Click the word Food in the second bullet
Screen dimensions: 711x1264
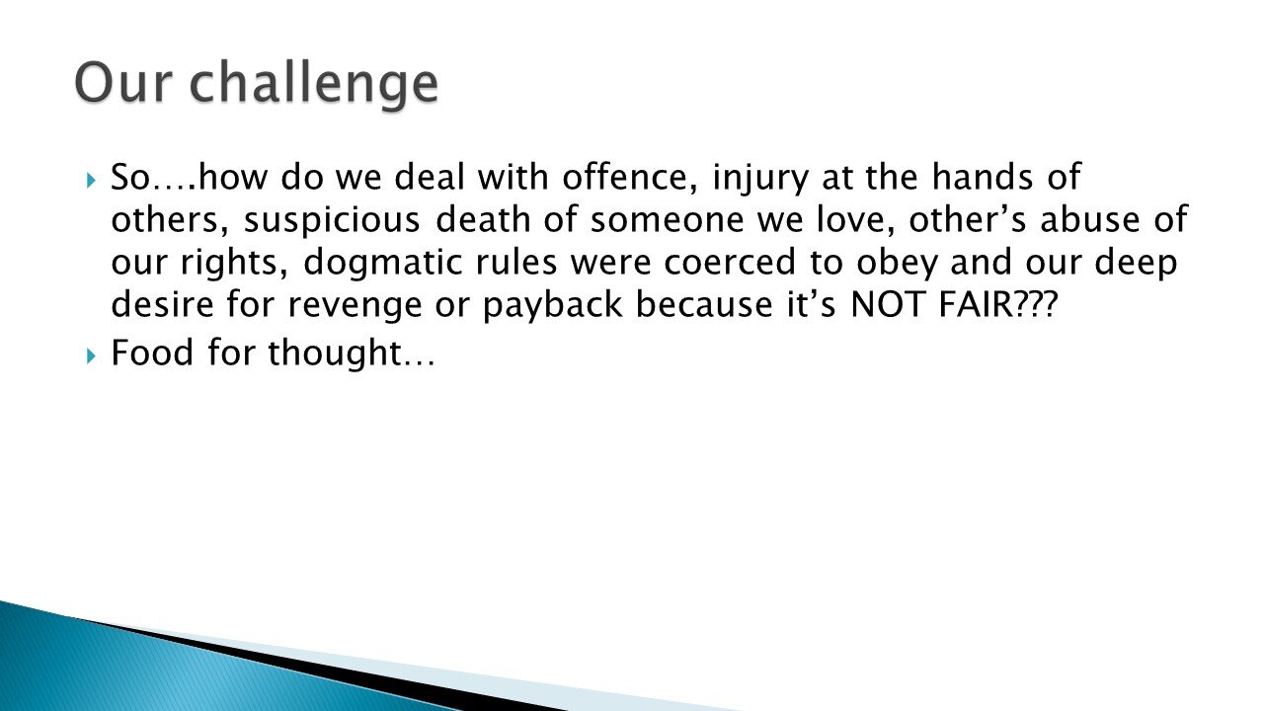[x=150, y=353]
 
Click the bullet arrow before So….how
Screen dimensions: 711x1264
[x=91, y=181]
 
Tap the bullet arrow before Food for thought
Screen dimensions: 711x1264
[x=91, y=354]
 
